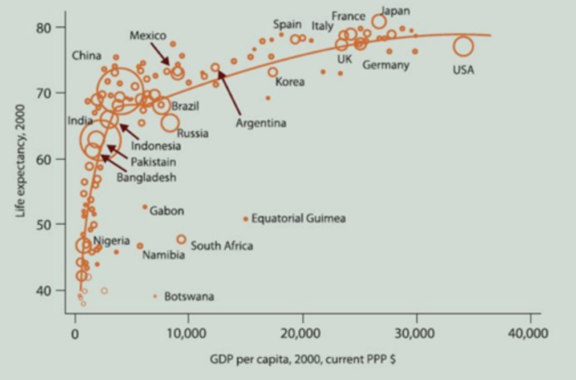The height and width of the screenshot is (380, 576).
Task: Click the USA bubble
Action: [464, 46]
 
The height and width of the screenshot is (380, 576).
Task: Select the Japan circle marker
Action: [379, 22]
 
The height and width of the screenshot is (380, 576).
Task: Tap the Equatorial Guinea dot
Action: [246, 219]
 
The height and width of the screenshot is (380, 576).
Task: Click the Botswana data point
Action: [155, 296]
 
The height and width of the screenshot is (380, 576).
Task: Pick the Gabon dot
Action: [145, 207]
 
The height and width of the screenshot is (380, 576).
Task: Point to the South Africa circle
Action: [181, 239]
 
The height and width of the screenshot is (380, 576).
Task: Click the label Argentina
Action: [261, 123]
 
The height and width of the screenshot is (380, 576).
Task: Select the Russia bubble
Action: [170, 122]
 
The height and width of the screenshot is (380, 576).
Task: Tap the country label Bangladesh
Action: [147, 177]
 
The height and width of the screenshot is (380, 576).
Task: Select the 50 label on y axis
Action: [45, 224]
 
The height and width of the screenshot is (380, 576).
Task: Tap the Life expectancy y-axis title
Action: [22, 160]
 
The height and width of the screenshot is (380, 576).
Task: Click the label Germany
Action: [386, 64]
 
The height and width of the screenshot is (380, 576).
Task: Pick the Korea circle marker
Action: [273, 72]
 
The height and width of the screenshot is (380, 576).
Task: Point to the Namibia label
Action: [164, 254]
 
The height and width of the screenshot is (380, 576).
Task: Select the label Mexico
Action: [148, 35]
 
